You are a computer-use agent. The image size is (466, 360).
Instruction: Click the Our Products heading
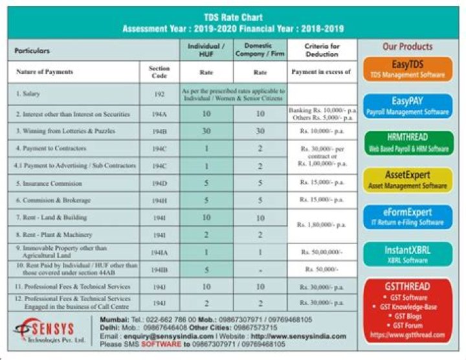pyautogui.click(x=407, y=47)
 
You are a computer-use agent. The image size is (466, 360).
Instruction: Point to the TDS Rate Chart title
pyautogui.click(x=232, y=17)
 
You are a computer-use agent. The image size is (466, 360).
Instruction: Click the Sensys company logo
pyautogui.click(x=52, y=332)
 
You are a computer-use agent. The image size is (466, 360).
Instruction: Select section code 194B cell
pyautogui.click(x=159, y=131)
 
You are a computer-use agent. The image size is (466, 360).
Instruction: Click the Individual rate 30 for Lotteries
pyautogui.click(x=206, y=131)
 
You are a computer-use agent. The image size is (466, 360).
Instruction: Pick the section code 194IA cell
pyautogui.click(x=159, y=252)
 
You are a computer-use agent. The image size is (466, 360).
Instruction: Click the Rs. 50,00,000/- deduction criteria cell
pyautogui.click(x=322, y=252)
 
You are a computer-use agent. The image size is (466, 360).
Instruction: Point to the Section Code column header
pyautogui.click(x=159, y=71)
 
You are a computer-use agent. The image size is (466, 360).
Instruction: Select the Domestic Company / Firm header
pyautogui.click(x=260, y=50)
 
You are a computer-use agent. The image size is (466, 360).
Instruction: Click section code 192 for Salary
pyautogui.click(x=159, y=94)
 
